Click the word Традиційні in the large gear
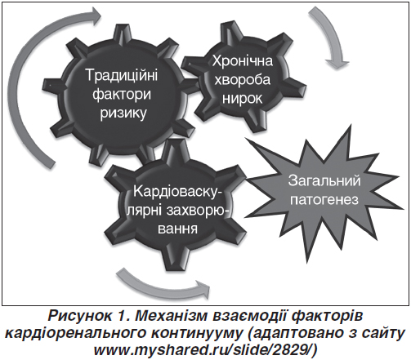tap(122, 74)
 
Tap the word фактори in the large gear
tap(122, 94)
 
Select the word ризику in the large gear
tap(123, 113)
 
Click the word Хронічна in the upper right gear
tap(243, 60)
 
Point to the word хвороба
tap(242, 79)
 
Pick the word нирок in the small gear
tap(242, 98)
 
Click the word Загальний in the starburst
tap(324, 180)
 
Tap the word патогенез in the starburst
tap(324, 200)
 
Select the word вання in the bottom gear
tap(177, 228)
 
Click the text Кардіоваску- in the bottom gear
tap(176, 191)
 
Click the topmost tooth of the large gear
tap(122, 31)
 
